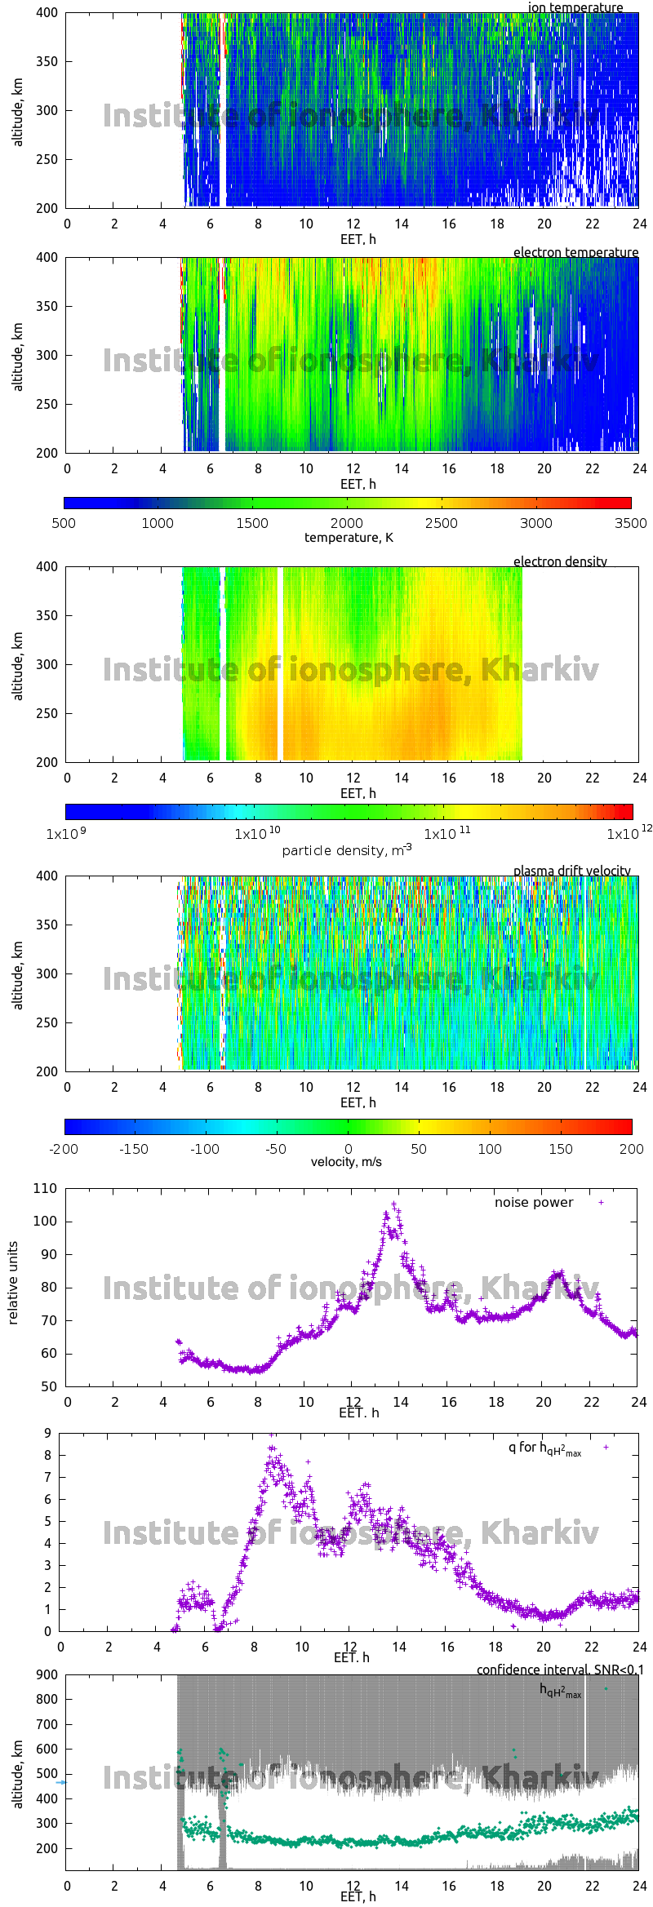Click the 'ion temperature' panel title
click(575, 7)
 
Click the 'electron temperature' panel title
click(575, 252)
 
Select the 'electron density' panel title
click(560, 561)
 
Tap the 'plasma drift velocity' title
click(571, 871)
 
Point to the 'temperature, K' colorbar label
click(349, 538)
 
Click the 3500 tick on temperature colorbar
click(630, 523)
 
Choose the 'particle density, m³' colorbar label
click(347, 850)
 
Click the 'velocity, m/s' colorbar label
click(346, 1161)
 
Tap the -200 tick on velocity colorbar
click(64, 1149)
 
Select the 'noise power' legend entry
click(534, 1203)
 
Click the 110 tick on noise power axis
click(46, 1188)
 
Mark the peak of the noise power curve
click(394, 1204)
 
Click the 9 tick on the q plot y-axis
click(48, 1433)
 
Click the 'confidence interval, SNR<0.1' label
click(560, 1670)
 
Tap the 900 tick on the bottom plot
click(47, 1674)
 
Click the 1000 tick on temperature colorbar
click(158, 523)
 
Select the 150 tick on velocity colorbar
click(561, 1149)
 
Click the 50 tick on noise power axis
click(49, 1386)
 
